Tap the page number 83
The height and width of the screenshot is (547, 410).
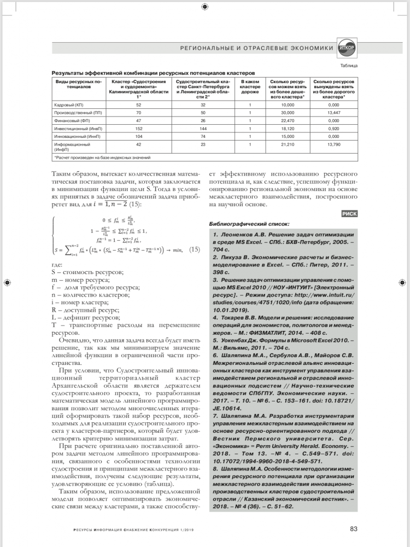[354, 528]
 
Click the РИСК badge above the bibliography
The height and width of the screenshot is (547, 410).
[349, 214]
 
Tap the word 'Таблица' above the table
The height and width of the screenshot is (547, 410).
[349, 66]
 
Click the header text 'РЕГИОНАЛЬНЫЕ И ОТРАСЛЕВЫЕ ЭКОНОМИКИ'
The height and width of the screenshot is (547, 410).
[256, 49]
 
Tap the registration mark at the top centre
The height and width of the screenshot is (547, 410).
[204, 7]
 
